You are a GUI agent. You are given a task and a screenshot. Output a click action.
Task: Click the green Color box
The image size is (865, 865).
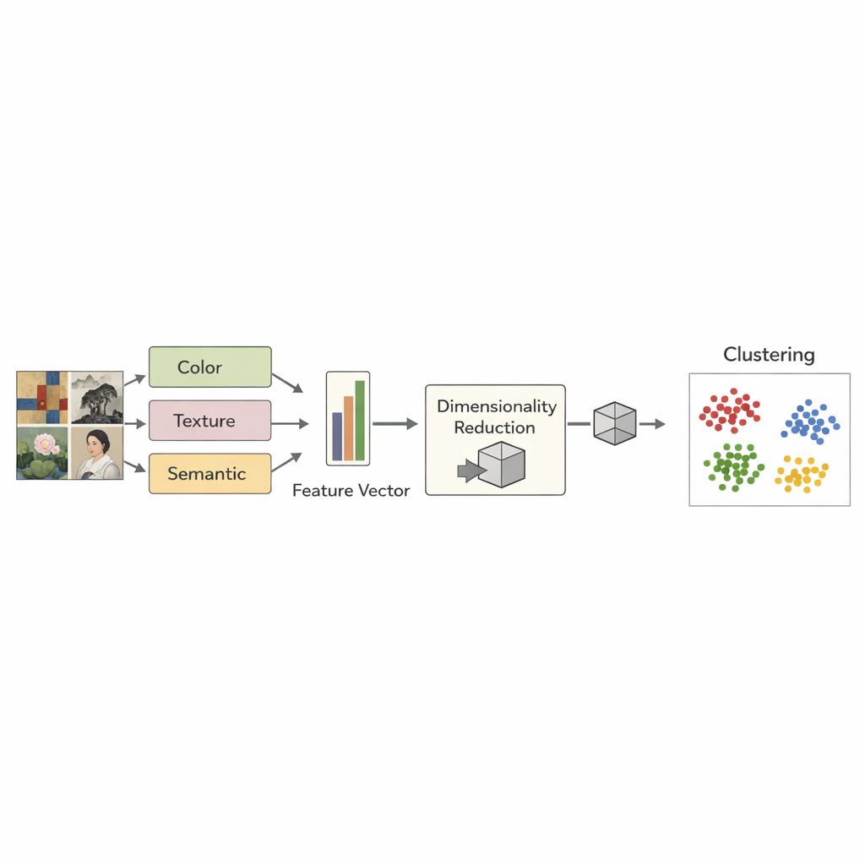coord(209,367)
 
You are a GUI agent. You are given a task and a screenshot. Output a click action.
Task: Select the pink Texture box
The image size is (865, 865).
coord(209,421)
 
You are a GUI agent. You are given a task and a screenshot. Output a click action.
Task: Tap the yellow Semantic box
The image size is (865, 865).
coord(209,474)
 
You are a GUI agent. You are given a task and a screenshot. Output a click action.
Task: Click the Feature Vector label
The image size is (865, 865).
coord(351,490)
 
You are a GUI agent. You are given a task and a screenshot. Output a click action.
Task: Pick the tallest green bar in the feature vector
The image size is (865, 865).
coord(360,420)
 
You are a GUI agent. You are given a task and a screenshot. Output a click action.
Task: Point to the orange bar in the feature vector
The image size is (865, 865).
coord(348,427)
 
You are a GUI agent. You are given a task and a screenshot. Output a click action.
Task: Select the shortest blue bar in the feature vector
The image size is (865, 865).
coord(337,436)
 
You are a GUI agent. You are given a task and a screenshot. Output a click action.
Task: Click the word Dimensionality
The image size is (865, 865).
coord(497,406)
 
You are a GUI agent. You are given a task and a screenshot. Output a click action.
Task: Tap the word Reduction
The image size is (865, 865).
coord(495,427)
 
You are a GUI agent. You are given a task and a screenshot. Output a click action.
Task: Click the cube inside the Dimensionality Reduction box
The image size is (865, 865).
coord(501,465)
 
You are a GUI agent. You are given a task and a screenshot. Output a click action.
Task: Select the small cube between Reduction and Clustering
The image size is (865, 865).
coord(614,423)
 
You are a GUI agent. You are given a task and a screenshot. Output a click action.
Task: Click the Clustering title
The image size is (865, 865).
coord(769,355)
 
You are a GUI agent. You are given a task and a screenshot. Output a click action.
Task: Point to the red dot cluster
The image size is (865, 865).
coord(729,411)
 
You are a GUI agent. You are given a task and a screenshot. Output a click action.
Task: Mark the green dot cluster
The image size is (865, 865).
coord(732,467)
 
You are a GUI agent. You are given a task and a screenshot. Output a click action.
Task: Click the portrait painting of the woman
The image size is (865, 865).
coord(96,453)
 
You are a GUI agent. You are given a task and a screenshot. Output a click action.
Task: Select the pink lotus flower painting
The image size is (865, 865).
coord(42,453)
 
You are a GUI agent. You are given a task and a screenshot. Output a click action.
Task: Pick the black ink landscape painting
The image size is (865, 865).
coord(96,398)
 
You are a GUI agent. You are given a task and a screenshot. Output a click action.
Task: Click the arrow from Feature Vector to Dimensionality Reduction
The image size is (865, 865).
coord(394,424)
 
